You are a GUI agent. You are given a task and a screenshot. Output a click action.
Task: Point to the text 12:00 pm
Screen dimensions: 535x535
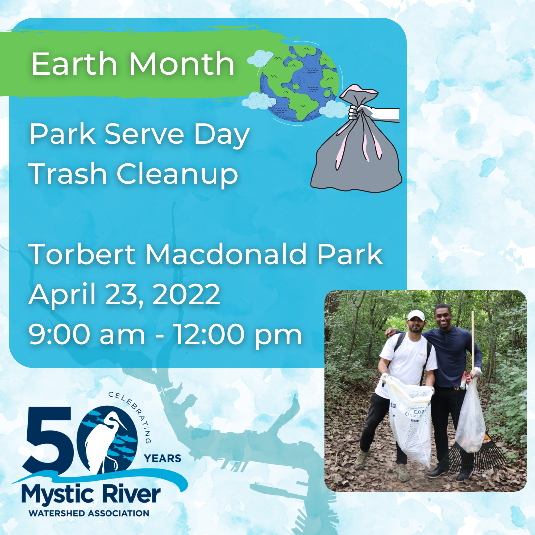[238, 335]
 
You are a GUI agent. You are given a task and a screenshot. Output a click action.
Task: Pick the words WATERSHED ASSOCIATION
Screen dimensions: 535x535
[89, 513]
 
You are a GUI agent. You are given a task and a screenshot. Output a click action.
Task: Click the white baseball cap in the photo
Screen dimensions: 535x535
[415, 315]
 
